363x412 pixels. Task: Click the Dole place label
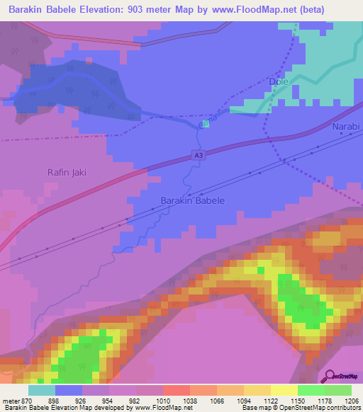[x=281, y=82]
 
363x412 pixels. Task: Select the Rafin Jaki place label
[x=67, y=171]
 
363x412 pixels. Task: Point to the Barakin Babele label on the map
[x=193, y=200]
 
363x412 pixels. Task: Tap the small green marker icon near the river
[x=205, y=123]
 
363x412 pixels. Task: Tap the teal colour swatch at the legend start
[x=42, y=389]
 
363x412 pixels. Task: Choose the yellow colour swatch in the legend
[x=284, y=389]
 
